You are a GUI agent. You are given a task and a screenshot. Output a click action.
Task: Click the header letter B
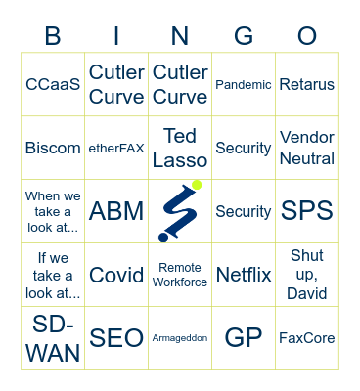[53, 36]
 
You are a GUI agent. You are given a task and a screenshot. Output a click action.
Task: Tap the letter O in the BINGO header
[307, 36]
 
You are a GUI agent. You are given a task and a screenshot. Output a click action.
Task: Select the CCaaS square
[53, 85]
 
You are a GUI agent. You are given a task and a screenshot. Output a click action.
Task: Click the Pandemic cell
[244, 85]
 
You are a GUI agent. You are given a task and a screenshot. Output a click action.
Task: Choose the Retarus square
[307, 85]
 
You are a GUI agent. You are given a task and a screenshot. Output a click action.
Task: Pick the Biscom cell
[53, 148]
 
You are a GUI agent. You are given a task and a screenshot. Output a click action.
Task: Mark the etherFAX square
[116, 148]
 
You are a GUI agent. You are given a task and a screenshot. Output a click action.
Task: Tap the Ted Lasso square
[180, 148]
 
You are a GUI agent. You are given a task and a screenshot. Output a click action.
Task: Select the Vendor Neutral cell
[307, 148]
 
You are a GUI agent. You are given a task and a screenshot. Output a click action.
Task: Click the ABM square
[116, 211]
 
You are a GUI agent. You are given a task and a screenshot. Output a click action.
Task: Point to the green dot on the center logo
[197, 185]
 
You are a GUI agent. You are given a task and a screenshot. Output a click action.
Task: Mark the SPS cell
[307, 211]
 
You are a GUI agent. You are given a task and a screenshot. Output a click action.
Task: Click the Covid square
[116, 275]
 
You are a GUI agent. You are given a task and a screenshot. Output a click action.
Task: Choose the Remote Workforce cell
[180, 275]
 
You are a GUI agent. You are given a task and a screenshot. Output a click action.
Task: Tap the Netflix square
[244, 275]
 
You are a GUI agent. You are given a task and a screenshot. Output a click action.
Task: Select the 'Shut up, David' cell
[307, 275]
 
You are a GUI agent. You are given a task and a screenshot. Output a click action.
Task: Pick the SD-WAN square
[53, 338]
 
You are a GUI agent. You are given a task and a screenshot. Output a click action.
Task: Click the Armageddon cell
[180, 338]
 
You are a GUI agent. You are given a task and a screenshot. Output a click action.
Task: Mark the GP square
[244, 338]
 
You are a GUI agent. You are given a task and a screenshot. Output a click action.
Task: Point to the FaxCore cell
[307, 338]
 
